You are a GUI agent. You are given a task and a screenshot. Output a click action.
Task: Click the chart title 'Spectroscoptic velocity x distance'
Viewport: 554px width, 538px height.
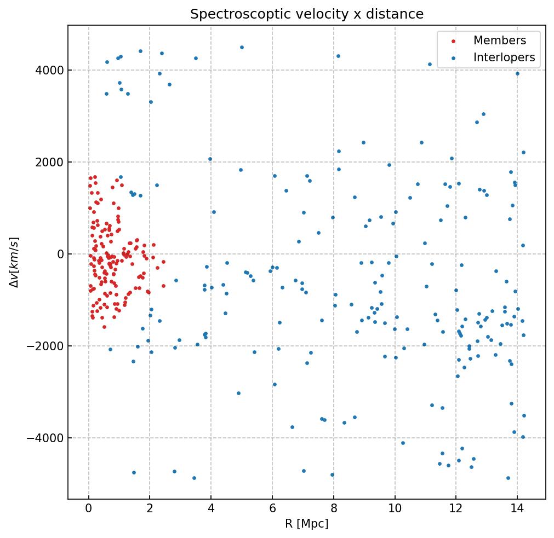tap(307, 14)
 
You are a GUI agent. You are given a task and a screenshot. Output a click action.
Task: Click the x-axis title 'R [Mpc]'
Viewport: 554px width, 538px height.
tap(307, 524)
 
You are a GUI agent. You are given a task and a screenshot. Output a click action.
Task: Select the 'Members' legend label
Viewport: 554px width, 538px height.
tap(499, 41)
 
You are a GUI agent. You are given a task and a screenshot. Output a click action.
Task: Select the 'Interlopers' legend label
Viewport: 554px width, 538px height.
tap(504, 57)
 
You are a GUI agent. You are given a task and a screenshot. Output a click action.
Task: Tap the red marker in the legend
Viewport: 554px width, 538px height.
tap(453, 41)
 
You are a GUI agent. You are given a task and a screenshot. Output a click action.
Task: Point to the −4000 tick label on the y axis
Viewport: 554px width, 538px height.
tap(47, 438)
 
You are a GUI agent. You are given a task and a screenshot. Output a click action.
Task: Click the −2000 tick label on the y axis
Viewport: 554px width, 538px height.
tap(47, 346)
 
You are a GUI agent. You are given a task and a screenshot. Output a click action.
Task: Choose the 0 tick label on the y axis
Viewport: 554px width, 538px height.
tap(59, 254)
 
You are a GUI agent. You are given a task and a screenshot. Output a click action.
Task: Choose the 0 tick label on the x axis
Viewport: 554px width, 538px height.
tap(89, 510)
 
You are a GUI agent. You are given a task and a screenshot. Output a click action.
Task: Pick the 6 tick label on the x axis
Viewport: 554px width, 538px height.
tap(272, 510)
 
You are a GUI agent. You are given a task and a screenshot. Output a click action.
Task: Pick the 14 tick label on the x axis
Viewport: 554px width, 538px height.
tap(517, 510)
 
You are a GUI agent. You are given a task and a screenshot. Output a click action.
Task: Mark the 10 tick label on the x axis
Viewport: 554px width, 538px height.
tap(395, 510)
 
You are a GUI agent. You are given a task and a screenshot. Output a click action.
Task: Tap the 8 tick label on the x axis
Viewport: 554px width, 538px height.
tap(333, 510)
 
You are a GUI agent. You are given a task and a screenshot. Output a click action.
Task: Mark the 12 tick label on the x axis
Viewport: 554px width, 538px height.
tap(455, 510)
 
